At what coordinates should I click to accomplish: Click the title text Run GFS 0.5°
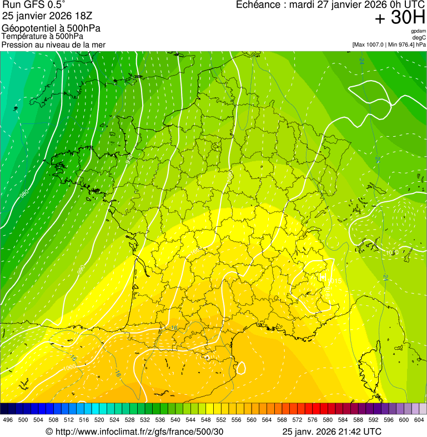tap(34, 6)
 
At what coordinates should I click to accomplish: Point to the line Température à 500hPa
tap(43, 36)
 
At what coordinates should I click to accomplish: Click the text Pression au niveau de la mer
tap(53, 44)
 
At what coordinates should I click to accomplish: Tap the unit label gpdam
tap(418, 31)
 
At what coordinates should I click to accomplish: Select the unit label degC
tap(419, 37)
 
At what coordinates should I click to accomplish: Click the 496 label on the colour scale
tap(8, 420)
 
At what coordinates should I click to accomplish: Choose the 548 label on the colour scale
tap(205, 420)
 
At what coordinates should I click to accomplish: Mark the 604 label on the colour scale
tap(419, 420)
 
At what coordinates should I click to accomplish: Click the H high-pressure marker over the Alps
tap(323, 276)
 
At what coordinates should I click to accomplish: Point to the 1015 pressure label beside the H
tap(329, 290)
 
